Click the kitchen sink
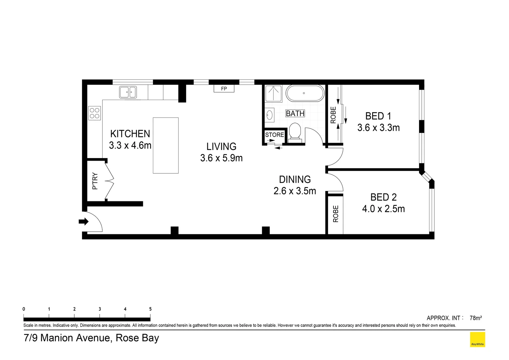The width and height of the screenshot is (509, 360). [128, 92]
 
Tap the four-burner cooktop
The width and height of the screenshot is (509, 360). [95, 113]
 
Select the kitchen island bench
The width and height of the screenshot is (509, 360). [166, 145]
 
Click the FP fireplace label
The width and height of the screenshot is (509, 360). [224, 89]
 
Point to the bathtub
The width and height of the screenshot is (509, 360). [305, 93]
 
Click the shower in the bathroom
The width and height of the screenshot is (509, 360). [273, 93]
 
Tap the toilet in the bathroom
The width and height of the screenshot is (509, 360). [295, 132]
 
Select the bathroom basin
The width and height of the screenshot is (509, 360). [269, 115]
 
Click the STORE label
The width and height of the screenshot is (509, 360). [274, 135]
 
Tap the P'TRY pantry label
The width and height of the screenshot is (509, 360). [95, 181]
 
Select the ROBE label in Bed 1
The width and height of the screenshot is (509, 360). [333, 115]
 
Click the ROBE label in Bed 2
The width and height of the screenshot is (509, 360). [335, 214]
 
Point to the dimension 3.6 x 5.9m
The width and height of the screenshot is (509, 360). [221, 158]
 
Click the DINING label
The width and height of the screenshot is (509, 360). [295, 180]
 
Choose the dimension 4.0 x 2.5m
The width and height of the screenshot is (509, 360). [383, 209]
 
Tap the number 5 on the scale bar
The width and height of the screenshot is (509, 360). [150, 309]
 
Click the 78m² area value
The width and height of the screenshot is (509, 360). [476, 318]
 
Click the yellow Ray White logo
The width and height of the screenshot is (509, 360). [477, 340]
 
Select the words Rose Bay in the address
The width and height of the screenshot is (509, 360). [137, 338]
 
